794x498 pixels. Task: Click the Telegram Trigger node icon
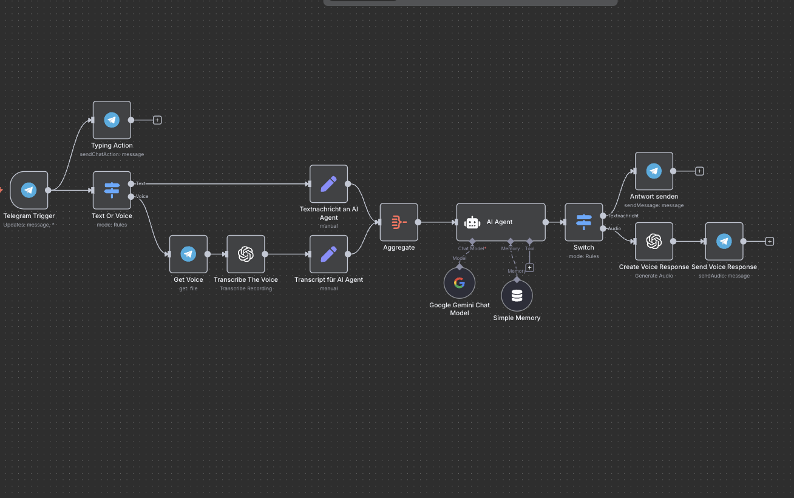coord(29,190)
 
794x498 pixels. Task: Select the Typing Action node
coord(112,120)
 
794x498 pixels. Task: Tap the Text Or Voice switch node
coord(112,190)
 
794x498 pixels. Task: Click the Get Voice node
coord(188,254)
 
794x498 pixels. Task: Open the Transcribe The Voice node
coord(246,254)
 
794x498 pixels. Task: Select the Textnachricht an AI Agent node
coord(328,184)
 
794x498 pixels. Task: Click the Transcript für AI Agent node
coord(328,254)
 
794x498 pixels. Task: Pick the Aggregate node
coord(399,222)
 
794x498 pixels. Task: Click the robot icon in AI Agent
coord(472,222)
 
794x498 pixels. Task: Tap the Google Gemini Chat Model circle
coord(460,282)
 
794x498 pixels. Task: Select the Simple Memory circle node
coord(517,296)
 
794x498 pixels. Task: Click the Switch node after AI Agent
coord(584,222)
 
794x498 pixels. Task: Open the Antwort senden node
coord(654,171)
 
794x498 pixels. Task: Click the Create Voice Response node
coord(654,241)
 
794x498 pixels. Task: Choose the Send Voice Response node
coord(724,241)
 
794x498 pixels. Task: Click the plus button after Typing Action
coord(157,120)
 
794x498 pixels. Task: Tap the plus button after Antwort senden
coord(699,171)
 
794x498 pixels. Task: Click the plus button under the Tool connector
coord(529,267)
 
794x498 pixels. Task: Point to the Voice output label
coord(142,196)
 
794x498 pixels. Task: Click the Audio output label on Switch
coord(614,228)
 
